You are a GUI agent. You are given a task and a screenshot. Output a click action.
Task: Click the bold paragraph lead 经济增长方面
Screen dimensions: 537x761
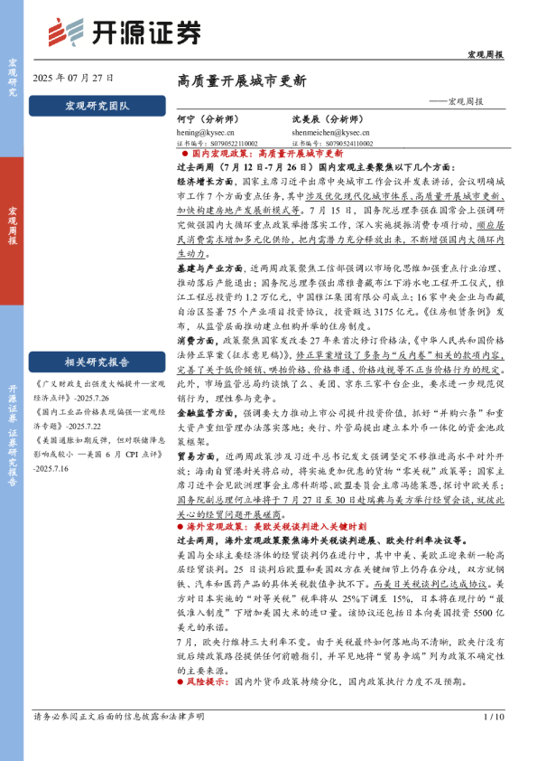[198, 181]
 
